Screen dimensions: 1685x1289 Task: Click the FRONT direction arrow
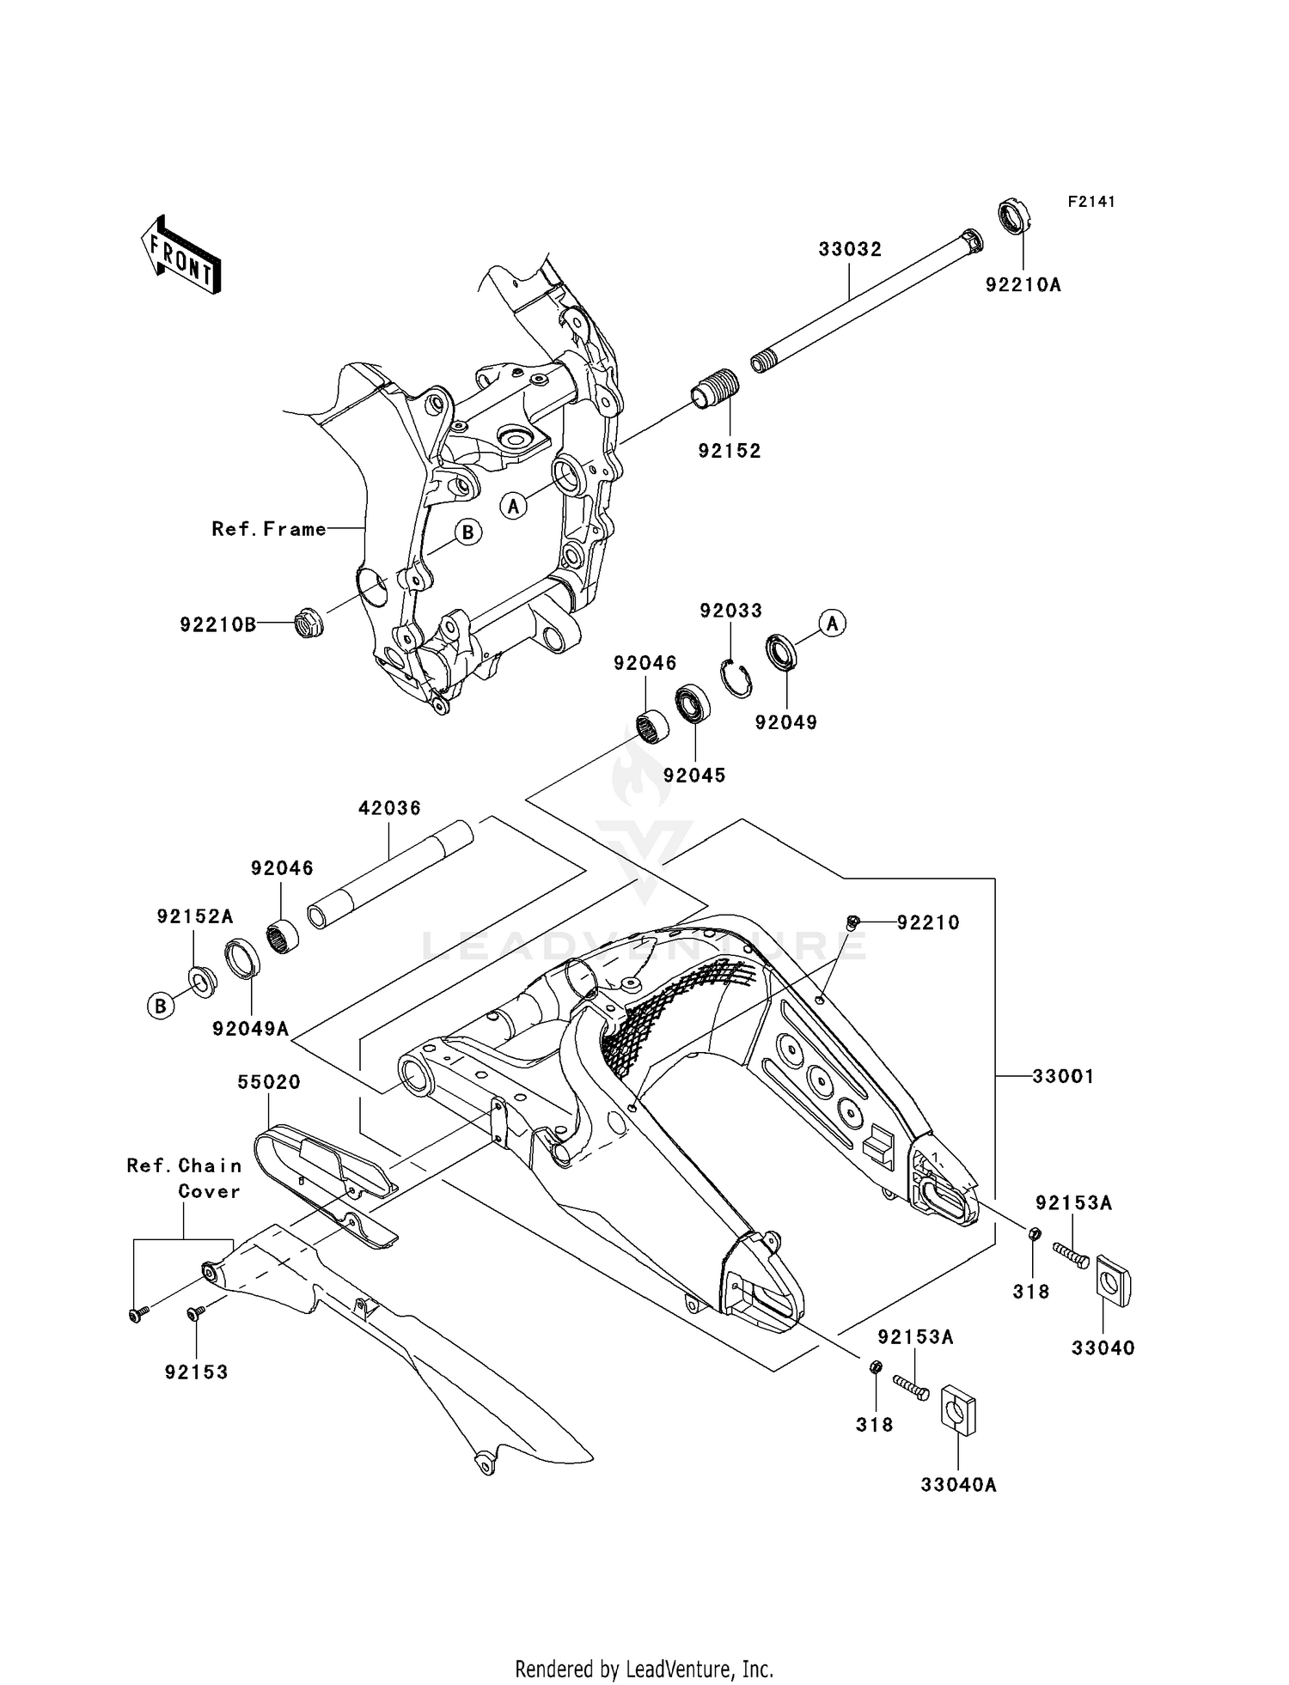pos(180,255)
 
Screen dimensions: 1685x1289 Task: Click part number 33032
pos(849,250)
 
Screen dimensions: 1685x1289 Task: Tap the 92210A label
pos(1023,285)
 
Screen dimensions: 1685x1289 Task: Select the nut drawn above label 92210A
pos(1014,216)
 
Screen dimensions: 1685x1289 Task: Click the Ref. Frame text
pos(269,529)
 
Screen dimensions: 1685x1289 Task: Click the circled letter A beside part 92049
pos(832,623)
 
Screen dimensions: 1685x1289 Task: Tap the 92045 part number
pos(693,775)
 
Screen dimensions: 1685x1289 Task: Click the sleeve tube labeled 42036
pos(392,873)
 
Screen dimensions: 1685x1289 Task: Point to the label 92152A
pos(194,916)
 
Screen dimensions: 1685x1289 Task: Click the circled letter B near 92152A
pos(161,1006)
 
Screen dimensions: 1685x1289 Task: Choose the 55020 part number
pos(269,1082)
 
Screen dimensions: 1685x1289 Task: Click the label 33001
pos(1063,1076)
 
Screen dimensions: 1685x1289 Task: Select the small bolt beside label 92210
pos(852,922)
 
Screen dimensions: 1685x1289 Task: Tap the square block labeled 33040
pos(1114,1282)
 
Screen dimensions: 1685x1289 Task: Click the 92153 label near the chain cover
pos(197,1372)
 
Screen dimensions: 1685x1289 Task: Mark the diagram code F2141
pos(1090,202)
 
